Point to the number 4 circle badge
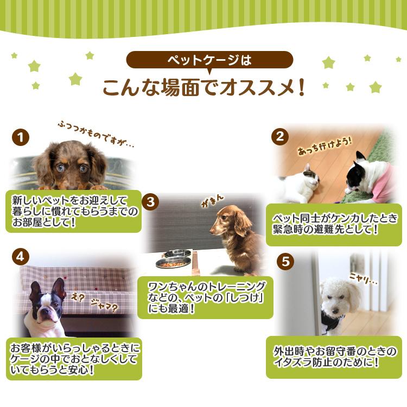pos(21,257)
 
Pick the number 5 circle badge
pos(284,261)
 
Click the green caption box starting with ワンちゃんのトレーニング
pos(205,297)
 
